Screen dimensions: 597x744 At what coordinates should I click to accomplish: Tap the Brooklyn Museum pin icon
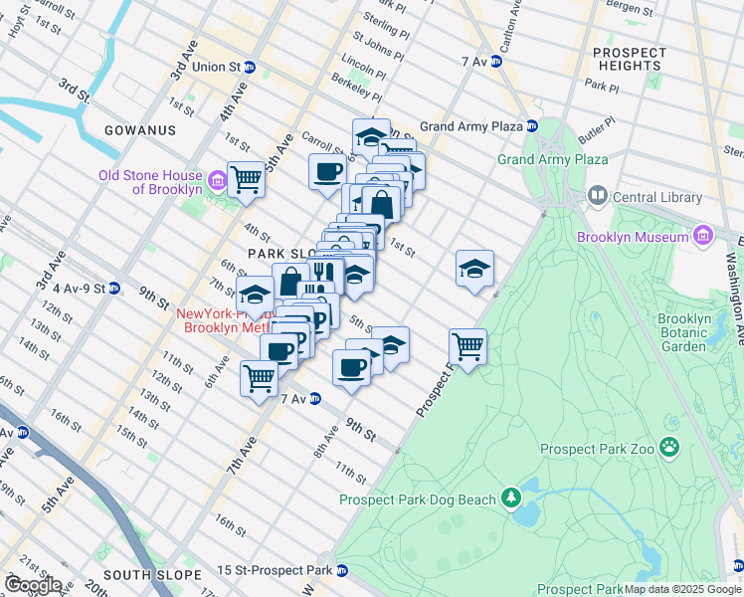[702, 237]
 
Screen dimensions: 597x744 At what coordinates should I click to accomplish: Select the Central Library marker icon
[597, 197]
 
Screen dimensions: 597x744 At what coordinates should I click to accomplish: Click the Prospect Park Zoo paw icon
[669, 448]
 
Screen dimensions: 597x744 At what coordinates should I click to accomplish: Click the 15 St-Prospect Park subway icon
[342, 571]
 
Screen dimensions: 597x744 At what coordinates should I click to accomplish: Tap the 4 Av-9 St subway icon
[114, 289]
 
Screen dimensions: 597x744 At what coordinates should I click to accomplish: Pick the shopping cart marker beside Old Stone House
[246, 179]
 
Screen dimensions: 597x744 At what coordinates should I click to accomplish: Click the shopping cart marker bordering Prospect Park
[467, 346]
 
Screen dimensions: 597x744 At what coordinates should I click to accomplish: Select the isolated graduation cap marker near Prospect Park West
[475, 268]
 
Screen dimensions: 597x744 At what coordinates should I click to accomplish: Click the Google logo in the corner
[32, 584]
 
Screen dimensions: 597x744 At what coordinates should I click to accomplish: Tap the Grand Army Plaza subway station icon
[532, 126]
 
